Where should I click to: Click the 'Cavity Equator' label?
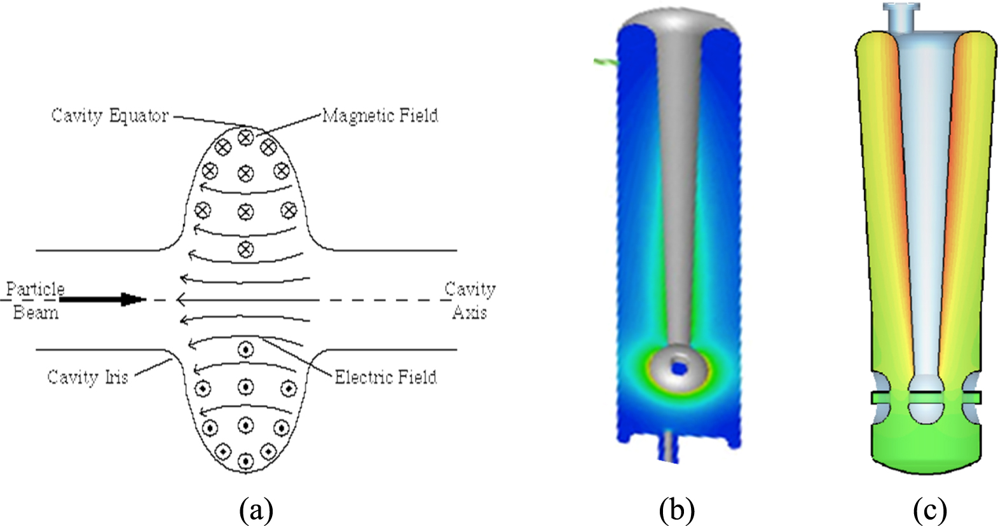(109, 116)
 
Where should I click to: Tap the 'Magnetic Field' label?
(380, 116)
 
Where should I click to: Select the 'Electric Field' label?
(385, 377)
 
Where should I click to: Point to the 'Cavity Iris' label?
(88, 377)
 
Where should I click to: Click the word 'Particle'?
(35, 290)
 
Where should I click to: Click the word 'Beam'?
(36, 312)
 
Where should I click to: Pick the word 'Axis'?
(470, 312)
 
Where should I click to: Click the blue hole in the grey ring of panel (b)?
(678, 368)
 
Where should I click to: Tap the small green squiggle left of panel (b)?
(605, 62)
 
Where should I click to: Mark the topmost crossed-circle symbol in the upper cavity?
(245, 137)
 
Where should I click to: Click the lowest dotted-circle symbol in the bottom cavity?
(245, 461)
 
